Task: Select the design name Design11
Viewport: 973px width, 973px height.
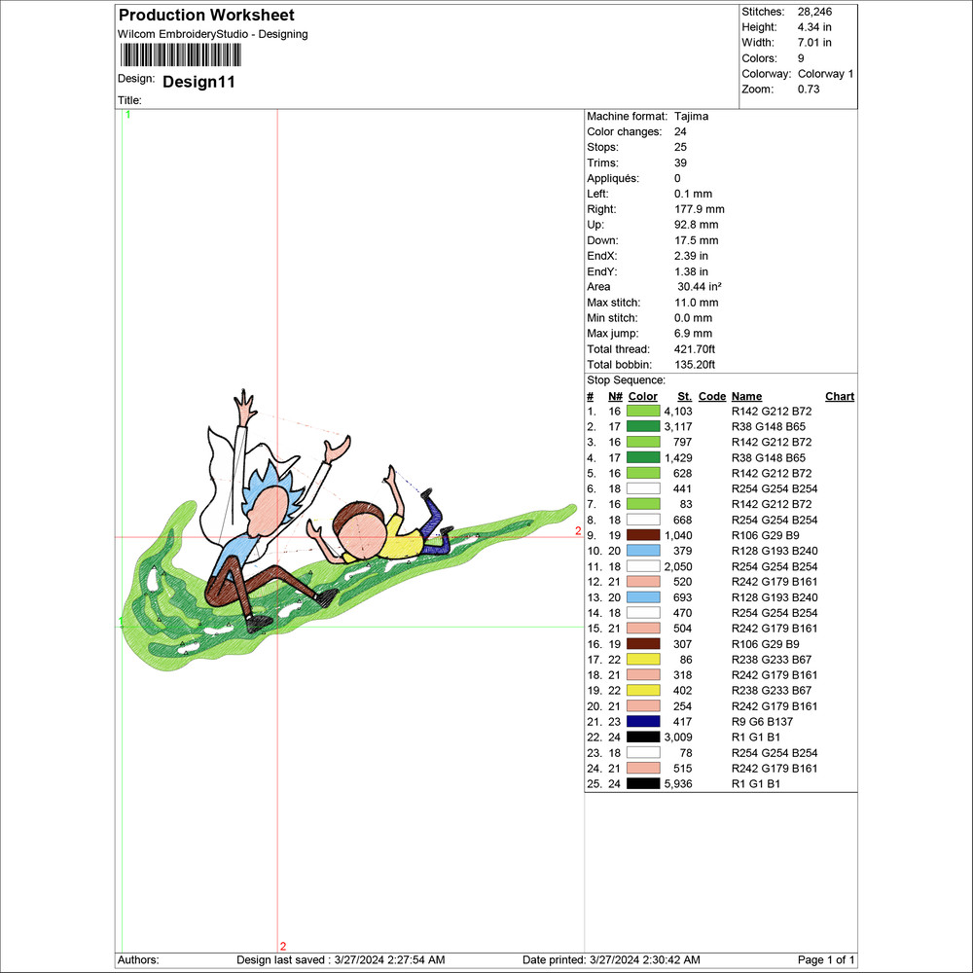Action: coord(198,82)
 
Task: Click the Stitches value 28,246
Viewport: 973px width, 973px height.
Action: coord(814,12)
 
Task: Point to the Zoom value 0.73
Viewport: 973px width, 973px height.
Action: coord(809,90)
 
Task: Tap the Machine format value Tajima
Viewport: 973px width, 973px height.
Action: coord(691,117)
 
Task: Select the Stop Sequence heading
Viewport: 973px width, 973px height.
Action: coord(626,380)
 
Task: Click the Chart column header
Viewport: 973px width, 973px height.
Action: coord(839,397)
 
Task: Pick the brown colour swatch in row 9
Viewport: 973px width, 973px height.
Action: coord(643,535)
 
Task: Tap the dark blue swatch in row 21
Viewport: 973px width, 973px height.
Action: coord(643,722)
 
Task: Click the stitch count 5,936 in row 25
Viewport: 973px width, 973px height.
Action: coord(677,784)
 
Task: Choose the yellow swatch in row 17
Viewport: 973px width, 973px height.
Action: coord(643,660)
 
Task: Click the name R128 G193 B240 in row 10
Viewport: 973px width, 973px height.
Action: coord(773,551)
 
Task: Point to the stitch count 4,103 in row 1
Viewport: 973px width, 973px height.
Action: coord(677,412)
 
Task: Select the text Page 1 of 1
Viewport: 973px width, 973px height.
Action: coord(827,960)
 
